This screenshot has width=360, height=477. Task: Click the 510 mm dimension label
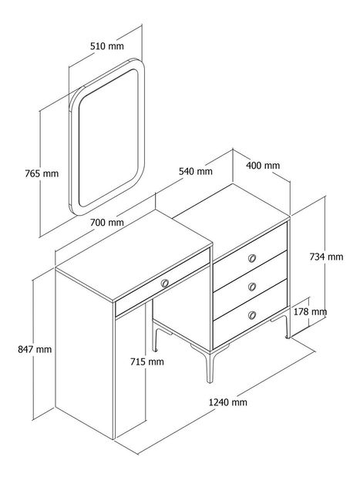(107, 46)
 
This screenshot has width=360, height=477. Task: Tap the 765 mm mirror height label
(42, 173)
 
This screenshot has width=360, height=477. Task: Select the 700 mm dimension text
(107, 223)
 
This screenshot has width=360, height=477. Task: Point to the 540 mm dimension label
(195, 171)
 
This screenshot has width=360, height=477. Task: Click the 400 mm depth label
(263, 166)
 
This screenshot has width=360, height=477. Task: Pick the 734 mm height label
(326, 257)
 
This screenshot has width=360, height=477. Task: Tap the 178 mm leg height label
(310, 311)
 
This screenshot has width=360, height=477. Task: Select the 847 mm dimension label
(35, 349)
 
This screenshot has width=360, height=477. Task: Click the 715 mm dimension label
(147, 361)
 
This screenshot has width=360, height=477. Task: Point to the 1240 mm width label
(228, 402)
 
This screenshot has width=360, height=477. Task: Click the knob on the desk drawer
(165, 284)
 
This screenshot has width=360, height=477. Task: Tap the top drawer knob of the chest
(251, 258)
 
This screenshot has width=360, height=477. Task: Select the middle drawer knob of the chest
(251, 287)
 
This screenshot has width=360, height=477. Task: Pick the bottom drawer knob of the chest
(251, 315)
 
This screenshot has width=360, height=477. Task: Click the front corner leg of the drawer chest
(210, 367)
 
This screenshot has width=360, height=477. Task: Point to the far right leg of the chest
(286, 326)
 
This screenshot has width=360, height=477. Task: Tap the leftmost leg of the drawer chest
(155, 339)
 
